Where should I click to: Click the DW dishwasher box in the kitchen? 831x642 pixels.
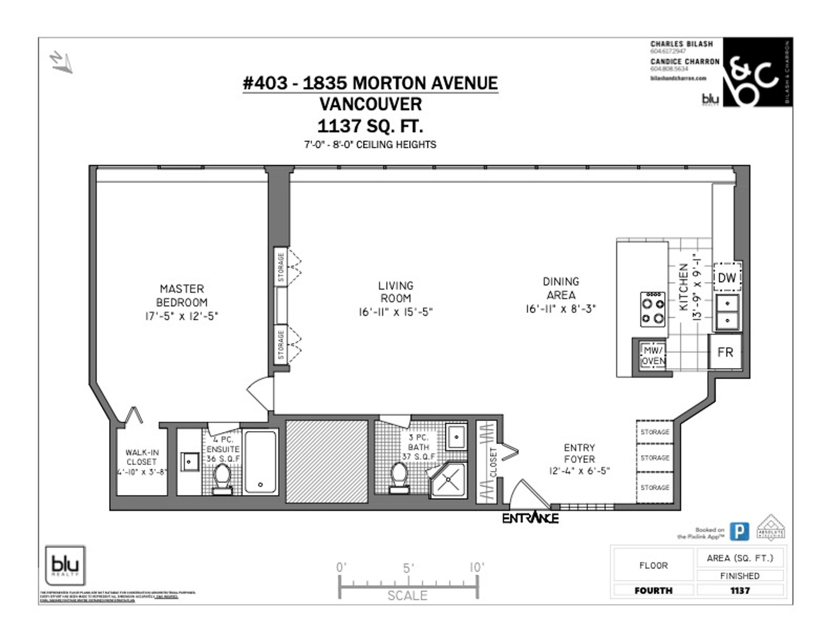[727, 277]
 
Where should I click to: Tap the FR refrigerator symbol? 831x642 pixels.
[725, 352]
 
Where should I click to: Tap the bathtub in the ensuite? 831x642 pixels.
[260, 462]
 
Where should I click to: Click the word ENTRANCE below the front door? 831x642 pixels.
[530, 518]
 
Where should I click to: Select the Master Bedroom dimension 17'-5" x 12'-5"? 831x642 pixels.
[181, 316]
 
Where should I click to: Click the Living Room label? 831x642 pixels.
[396, 292]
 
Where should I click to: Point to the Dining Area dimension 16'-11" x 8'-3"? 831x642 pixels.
[560, 309]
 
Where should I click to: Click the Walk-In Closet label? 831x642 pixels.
[142, 457]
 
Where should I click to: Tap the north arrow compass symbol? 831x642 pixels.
[61, 62]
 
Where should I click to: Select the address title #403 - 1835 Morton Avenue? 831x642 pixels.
[370, 83]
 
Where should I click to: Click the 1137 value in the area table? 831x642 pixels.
[740, 591]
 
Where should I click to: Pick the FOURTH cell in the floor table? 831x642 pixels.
[653, 591]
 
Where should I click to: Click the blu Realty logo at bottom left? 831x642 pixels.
[65, 565]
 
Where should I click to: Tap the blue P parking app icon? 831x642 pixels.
[739, 532]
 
